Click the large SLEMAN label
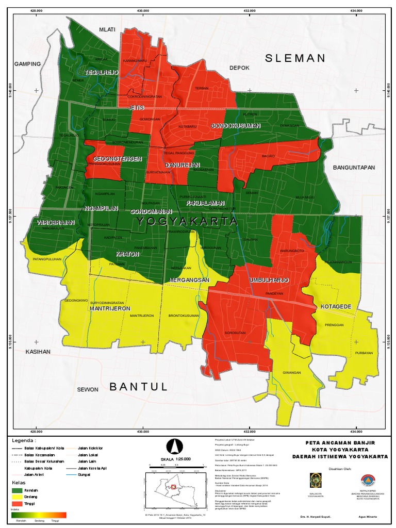pyautogui.click(x=295, y=58)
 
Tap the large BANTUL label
pyautogui.click(x=139, y=386)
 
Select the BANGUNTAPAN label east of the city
pyautogui.click(x=354, y=168)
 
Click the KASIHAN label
pyautogui.click(x=39, y=352)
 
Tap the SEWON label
pyautogui.click(x=88, y=389)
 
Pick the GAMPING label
pyautogui.click(x=27, y=64)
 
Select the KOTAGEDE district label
pyautogui.click(x=336, y=307)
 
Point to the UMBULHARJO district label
pyautogui.click(x=268, y=280)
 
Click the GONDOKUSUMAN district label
pyautogui.click(x=235, y=126)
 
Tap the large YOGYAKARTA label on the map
pyautogui.click(x=187, y=221)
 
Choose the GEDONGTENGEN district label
pyautogui.click(x=117, y=159)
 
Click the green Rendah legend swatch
pyautogui.click(x=17, y=490)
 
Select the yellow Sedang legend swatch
pyautogui.click(x=17, y=497)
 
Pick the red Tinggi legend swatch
pyautogui.click(x=17, y=504)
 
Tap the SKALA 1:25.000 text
pyautogui.click(x=176, y=458)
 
